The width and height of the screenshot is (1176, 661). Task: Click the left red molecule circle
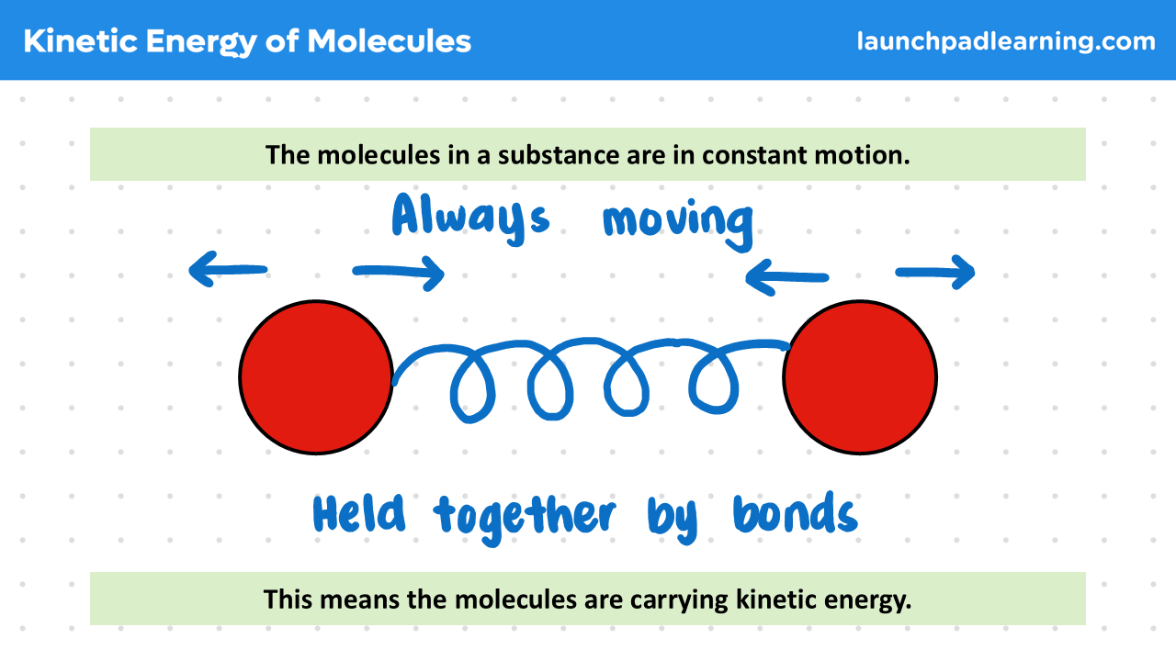click(316, 377)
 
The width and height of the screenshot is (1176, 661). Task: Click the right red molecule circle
click(860, 377)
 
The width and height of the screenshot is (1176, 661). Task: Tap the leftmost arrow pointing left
click(228, 269)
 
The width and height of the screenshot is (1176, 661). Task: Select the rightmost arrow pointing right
click(935, 273)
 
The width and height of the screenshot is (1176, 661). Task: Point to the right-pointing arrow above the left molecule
click(399, 273)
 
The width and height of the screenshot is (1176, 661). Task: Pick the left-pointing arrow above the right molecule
click(787, 277)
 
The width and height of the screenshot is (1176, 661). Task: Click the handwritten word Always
click(471, 218)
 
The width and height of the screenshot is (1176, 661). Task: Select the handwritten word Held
click(359, 513)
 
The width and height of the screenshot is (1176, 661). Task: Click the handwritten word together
click(525, 520)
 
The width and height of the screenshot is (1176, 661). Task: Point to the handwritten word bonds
click(796, 512)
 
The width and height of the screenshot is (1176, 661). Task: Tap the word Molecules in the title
click(389, 41)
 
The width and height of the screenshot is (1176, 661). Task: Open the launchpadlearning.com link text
click(1006, 41)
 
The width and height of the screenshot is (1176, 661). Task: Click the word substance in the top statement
click(559, 155)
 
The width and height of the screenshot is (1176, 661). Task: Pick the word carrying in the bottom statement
click(679, 600)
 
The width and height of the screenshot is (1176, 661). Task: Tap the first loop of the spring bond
click(471, 387)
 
